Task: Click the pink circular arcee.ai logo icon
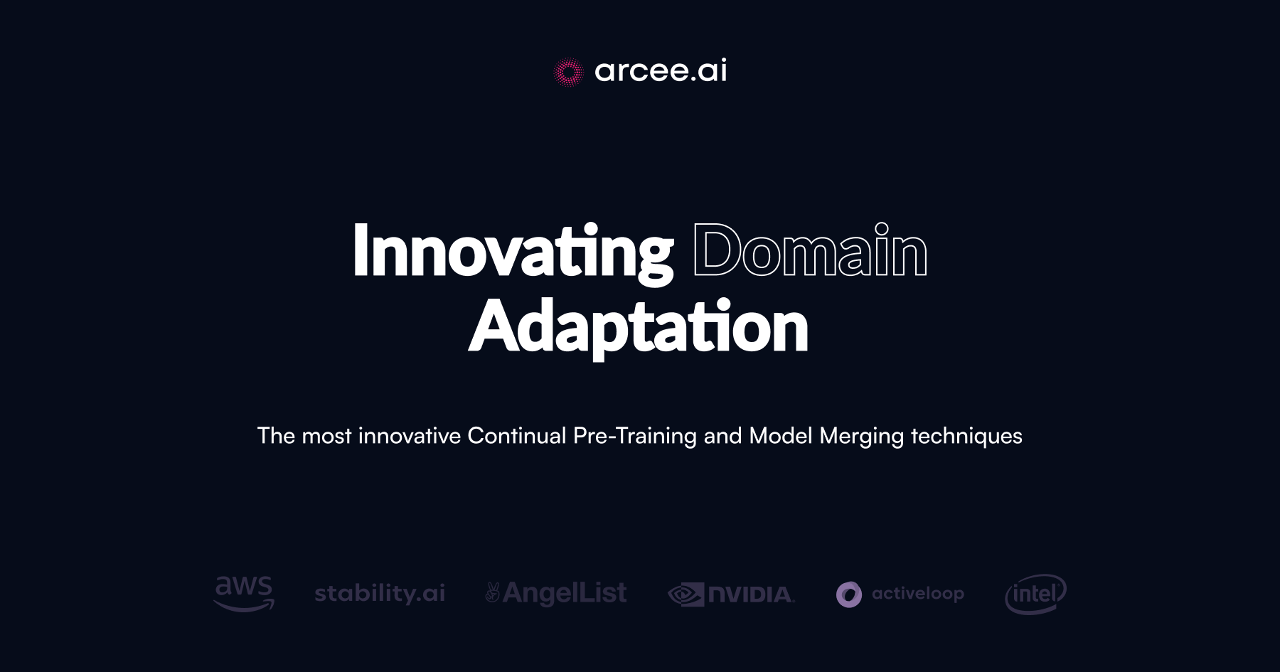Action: point(568,72)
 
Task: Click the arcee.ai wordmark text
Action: point(661,70)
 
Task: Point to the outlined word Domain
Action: point(810,251)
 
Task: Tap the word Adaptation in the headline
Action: point(639,327)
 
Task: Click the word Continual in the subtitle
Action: point(517,436)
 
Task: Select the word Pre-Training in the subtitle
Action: point(635,436)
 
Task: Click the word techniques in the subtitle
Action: point(966,436)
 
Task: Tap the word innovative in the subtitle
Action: point(410,436)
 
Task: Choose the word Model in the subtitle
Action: point(781,436)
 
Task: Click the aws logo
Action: point(244,593)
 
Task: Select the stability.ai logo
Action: point(380,593)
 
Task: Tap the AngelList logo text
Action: point(565,593)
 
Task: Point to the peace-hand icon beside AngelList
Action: point(492,592)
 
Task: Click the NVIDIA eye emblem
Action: point(686,594)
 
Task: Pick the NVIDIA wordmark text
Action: point(751,594)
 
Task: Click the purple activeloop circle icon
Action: point(849,594)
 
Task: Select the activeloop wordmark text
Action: point(918,594)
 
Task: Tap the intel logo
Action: point(1035,594)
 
